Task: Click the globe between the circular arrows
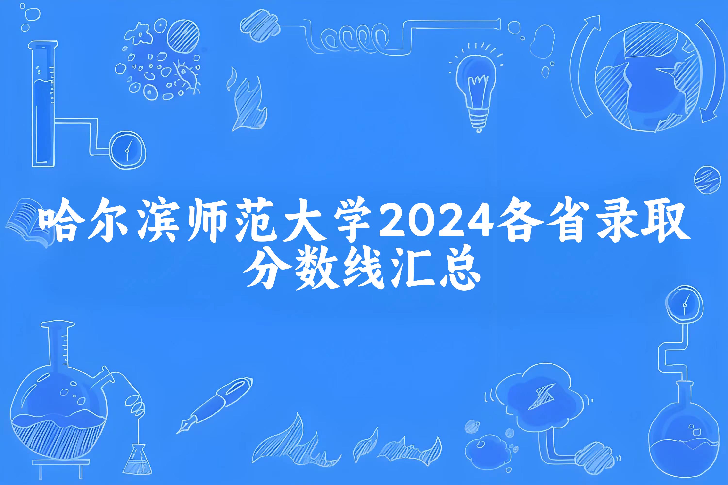[647, 77]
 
